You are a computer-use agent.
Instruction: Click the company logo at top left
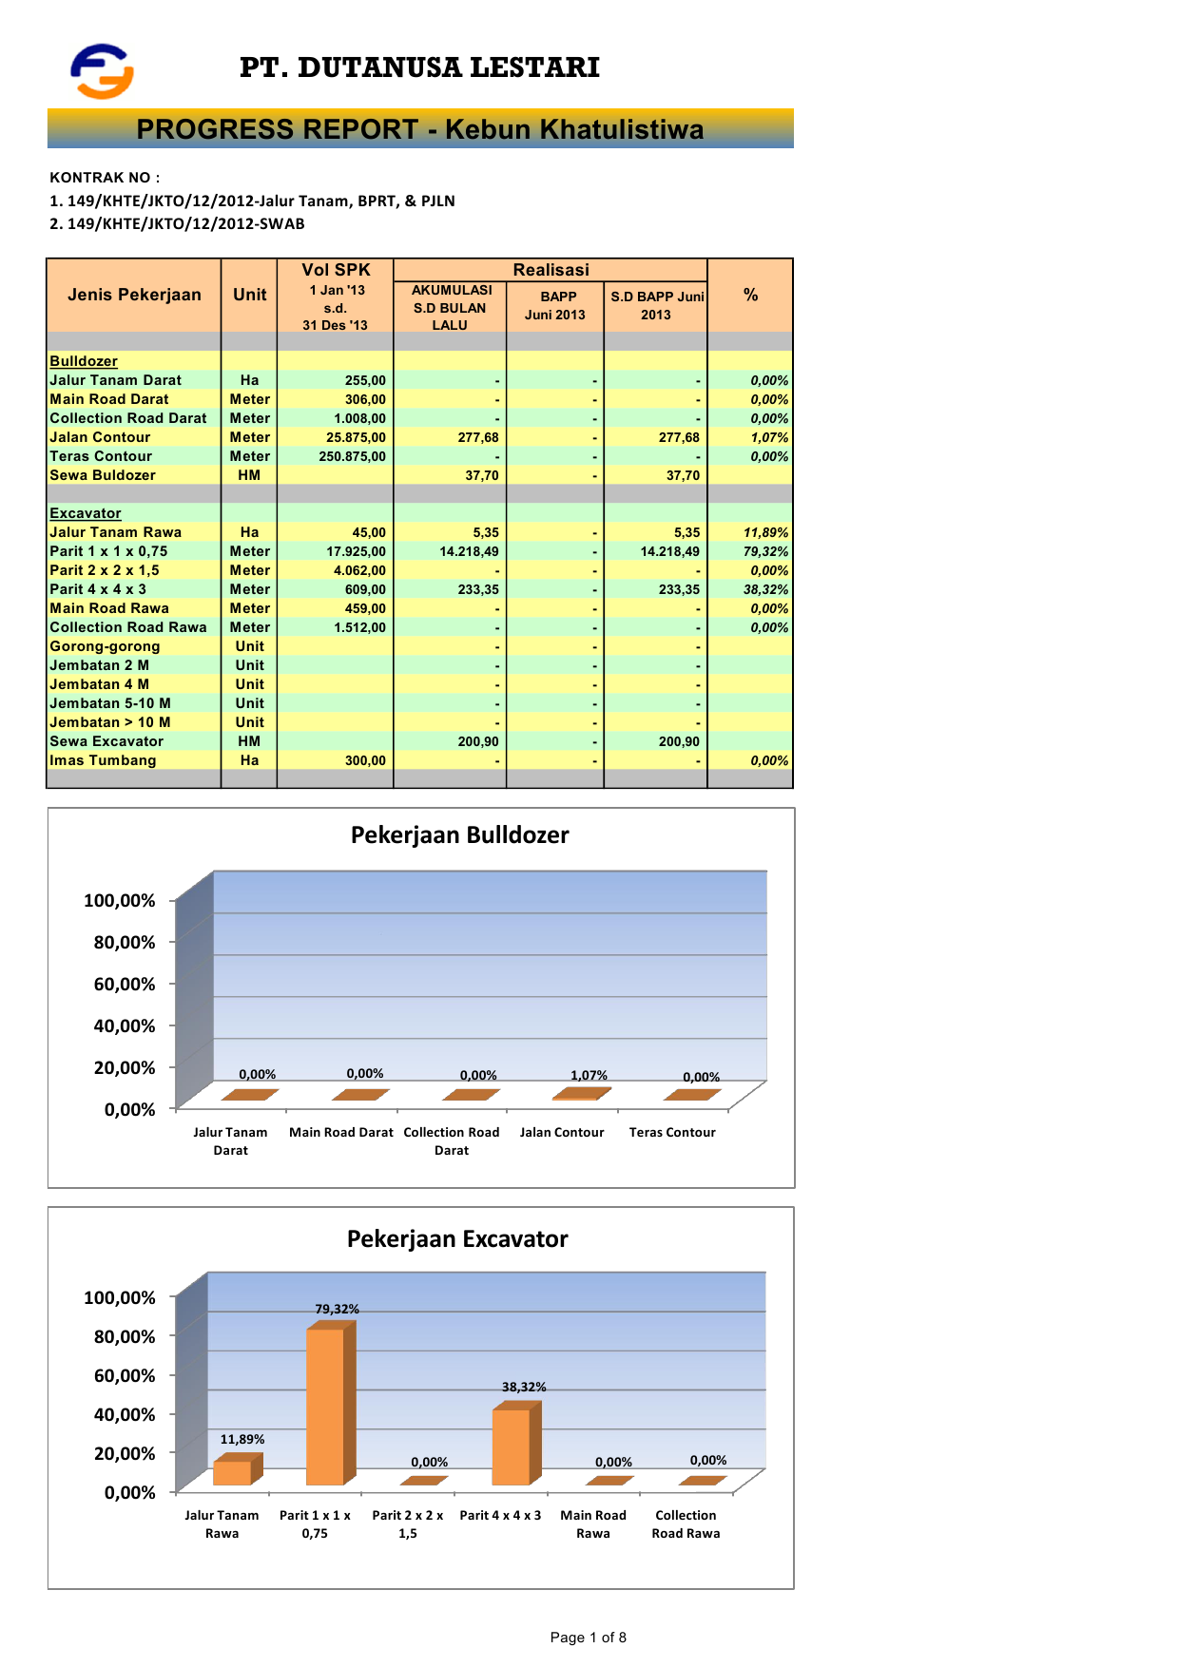102,70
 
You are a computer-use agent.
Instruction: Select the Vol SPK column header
336,270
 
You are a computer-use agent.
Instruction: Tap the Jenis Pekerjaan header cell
134,295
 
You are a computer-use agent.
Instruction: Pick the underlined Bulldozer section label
84,361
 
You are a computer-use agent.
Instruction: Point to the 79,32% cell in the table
765,551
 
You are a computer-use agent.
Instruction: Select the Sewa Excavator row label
106,741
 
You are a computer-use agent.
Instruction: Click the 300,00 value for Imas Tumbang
365,760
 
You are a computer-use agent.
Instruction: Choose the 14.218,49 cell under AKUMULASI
469,551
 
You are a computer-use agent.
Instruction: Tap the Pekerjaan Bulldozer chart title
459,834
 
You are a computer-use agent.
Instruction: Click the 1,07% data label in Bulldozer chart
589,1075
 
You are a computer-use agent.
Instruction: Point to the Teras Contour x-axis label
672,1132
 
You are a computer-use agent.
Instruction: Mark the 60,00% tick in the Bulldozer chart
125,984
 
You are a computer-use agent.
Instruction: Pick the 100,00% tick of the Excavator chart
120,1297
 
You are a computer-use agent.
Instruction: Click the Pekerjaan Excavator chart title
457,1238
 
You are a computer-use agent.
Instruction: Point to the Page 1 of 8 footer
588,1637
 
